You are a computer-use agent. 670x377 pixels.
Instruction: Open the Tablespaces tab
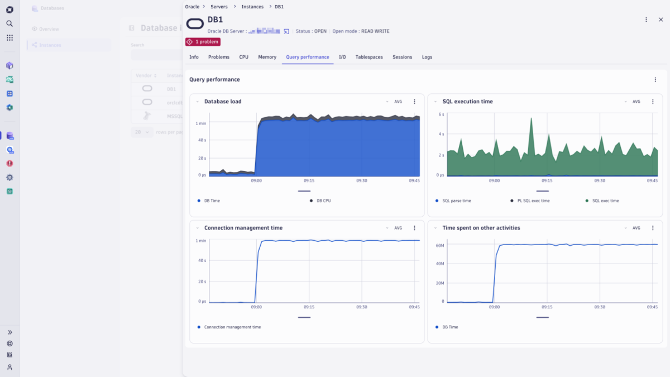coord(369,57)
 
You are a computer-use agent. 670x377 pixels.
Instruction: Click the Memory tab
coord(267,57)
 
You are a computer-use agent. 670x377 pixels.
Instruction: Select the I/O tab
coord(342,57)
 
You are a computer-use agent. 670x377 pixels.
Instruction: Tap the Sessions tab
coord(402,57)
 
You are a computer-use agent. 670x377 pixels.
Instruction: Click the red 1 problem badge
coord(203,42)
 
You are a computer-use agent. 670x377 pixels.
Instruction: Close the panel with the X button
coord(661,20)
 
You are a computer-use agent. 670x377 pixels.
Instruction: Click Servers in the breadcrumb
coord(219,7)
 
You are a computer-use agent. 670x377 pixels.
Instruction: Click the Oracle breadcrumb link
coord(192,7)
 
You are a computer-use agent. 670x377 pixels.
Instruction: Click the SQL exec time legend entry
coord(605,201)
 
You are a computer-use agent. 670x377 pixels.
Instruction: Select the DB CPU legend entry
coord(323,201)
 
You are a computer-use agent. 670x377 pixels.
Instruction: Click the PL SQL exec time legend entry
coord(533,201)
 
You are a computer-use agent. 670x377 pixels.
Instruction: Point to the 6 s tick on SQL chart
coord(441,114)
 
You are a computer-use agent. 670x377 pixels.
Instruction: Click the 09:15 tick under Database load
coord(309,180)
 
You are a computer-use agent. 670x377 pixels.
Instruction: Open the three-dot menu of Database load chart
coord(414,102)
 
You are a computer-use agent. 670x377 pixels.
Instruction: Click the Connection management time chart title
coord(243,228)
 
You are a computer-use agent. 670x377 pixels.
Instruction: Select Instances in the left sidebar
coord(50,45)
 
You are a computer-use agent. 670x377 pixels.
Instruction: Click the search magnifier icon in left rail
coord(9,23)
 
